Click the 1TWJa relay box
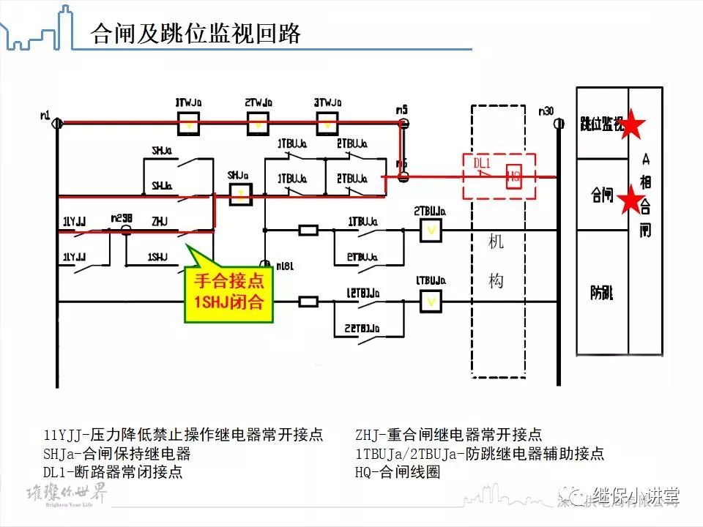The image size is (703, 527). click(x=190, y=124)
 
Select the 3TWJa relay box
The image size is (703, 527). click(x=327, y=124)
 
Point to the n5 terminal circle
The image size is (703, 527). click(x=403, y=123)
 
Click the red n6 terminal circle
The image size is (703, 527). click(x=403, y=176)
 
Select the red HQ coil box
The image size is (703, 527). click(x=514, y=176)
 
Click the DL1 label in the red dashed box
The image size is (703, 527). click(x=482, y=163)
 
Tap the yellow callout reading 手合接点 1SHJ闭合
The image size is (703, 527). click(x=228, y=291)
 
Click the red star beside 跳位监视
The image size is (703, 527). click(x=632, y=127)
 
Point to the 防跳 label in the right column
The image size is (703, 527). click(x=602, y=293)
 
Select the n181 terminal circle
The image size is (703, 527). click(x=264, y=263)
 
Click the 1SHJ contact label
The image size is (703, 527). click(x=157, y=257)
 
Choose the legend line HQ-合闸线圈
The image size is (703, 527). click(x=398, y=472)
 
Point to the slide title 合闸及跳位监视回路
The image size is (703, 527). click(x=196, y=34)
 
